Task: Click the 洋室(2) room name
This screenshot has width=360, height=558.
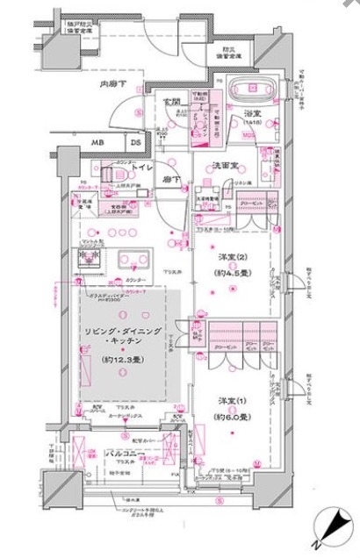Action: tap(229, 257)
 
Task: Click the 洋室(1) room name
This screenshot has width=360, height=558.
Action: tap(230, 401)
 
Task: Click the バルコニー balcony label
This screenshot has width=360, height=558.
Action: tap(126, 454)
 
